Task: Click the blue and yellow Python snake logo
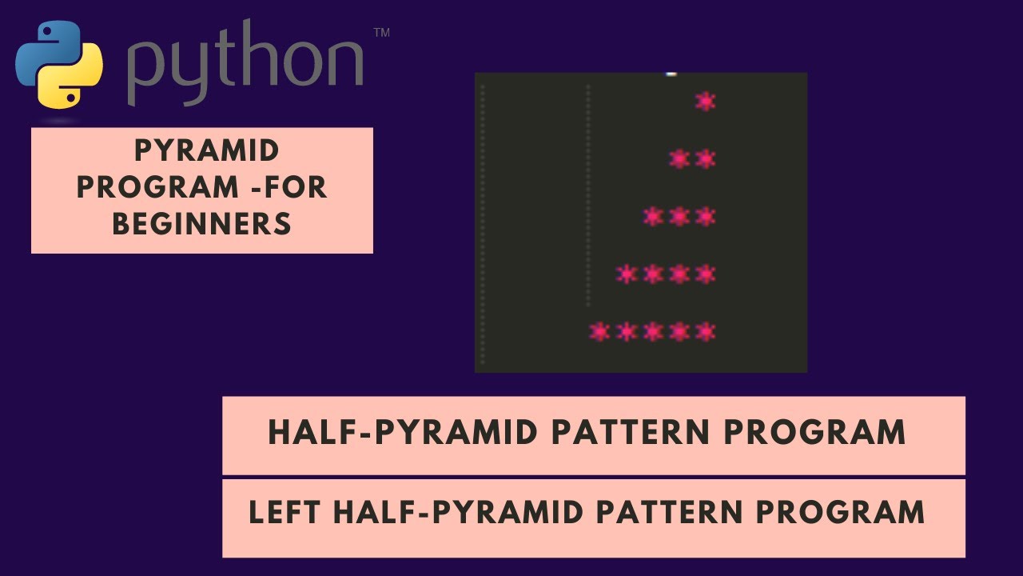coord(59,64)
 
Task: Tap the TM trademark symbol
coord(381,33)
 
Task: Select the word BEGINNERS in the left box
coord(201,224)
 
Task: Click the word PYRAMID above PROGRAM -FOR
coord(206,150)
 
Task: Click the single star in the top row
coord(705,102)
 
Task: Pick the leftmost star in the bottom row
coord(599,331)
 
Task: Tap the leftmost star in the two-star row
coord(679,159)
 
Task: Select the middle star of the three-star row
coord(679,217)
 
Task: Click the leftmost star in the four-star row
coord(627,274)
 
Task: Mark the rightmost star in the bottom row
coord(705,331)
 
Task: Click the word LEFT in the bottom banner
coord(286,512)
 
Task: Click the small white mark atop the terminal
coord(671,74)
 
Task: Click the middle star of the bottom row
coord(653,331)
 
